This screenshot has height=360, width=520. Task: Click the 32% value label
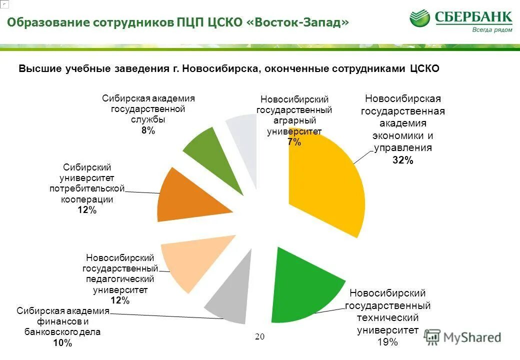(402, 160)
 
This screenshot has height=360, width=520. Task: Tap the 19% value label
(387, 342)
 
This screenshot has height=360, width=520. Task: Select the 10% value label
(62, 343)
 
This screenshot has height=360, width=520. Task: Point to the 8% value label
(148, 131)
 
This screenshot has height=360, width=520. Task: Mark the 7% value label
(294, 142)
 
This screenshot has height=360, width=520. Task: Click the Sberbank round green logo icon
(419, 18)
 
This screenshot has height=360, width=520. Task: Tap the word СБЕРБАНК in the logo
(473, 17)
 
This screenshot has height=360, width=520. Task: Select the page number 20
(259, 336)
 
